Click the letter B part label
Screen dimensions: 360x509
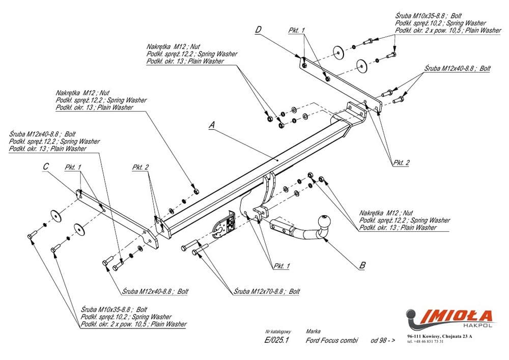coord(362,265)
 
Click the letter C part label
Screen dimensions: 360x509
coord(45,167)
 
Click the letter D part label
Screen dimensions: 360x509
coord(258,30)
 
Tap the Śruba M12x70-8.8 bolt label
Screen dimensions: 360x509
coord(267,292)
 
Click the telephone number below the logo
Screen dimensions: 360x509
coord(426,341)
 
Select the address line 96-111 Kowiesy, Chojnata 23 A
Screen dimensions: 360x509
coord(440,336)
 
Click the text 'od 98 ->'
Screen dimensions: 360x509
coord(383,340)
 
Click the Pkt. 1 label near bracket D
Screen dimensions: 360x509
coord(296,31)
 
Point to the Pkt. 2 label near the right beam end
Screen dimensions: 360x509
coord(401,163)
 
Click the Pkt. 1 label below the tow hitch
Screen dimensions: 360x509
coord(281,266)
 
